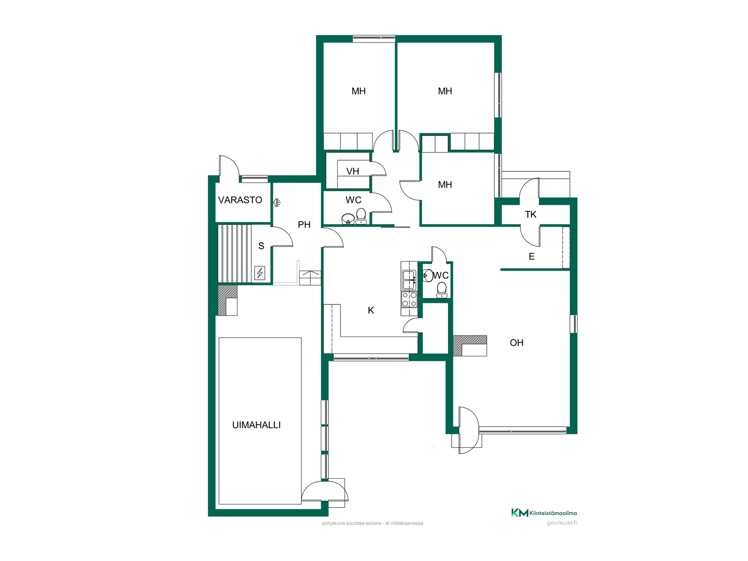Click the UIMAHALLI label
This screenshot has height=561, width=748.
pyautogui.click(x=256, y=425)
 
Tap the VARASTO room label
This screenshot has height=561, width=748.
pyautogui.click(x=240, y=200)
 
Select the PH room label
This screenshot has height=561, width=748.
pyautogui.click(x=304, y=224)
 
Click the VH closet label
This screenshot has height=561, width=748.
pyautogui.click(x=353, y=171)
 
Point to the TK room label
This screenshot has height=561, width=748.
pyautogui.click(x=531, y=214)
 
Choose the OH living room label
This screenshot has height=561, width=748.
pyautogui.click(x=517, y=343)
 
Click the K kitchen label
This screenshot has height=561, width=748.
pyautogui.click(x=371, y=310)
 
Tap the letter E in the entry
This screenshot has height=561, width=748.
pyautogui.click(x=531, y=256)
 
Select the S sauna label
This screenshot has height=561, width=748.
pyautogui.click(x=261, y=246)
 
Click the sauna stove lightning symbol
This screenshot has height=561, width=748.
pyautogui.click(x=260, y=273)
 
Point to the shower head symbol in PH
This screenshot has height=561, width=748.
pyautogui.click(x=277, y=202)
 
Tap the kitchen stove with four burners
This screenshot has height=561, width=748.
pyautogui.click(x=409, y=299)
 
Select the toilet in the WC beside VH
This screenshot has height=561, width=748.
pyautogui.click(x=361, y=217)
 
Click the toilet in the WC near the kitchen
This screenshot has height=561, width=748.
pyautogui.click(x=441, y=290)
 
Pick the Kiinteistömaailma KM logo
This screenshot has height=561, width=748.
pyautogui.click(x=544, y=513)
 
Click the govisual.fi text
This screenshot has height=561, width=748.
pyautogui.click(x=562, y=523)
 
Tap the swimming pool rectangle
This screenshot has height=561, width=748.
pyautogui.click(x=260, y=421)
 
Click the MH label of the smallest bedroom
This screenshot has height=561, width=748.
pyautogui.click(x=445, y=185)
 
